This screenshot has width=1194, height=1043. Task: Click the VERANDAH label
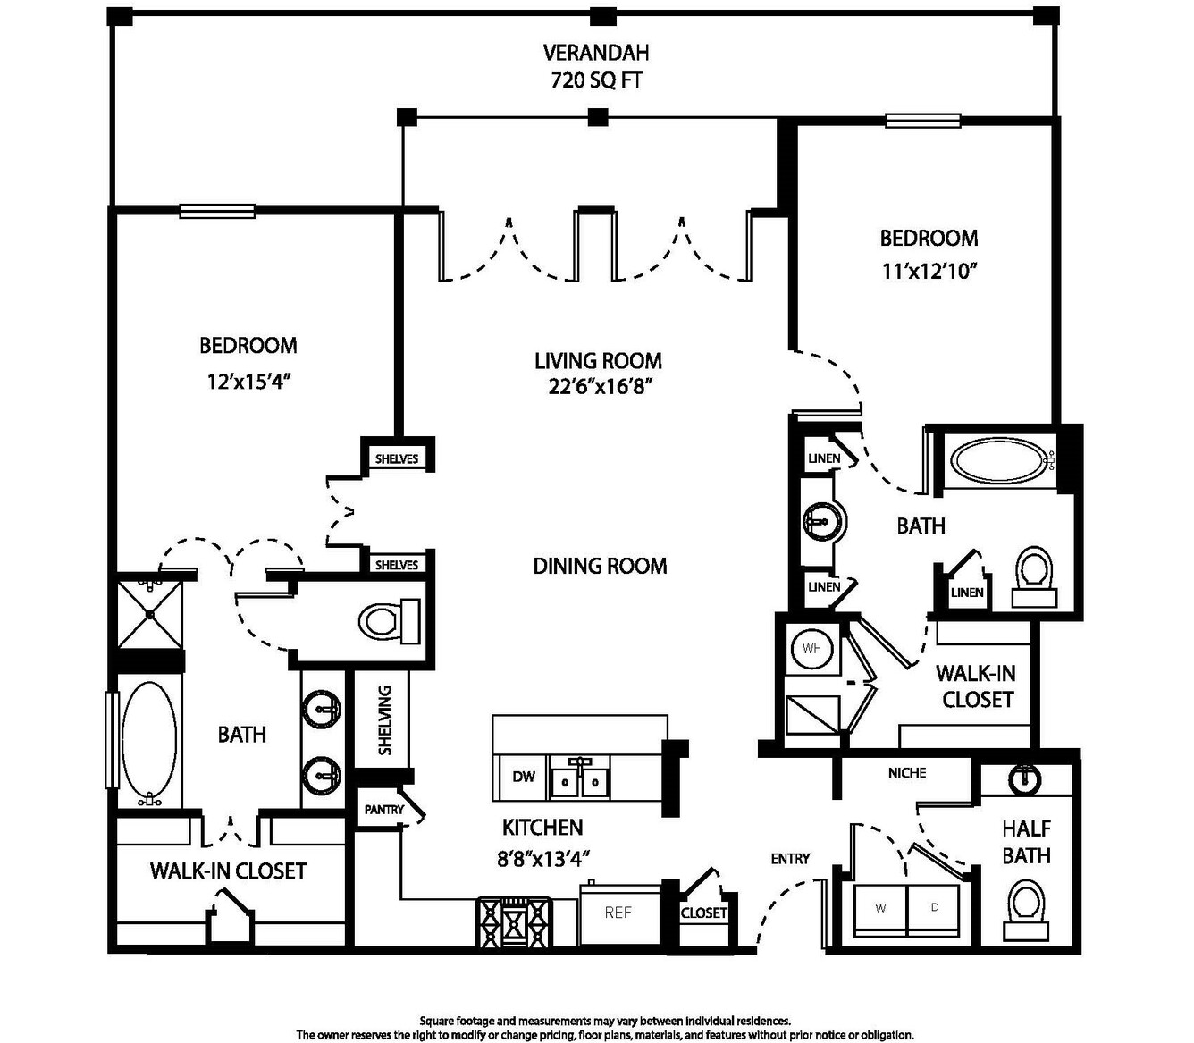[596, 54]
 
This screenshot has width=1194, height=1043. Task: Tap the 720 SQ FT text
[596, 80]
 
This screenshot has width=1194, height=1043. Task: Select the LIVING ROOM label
[598, 361]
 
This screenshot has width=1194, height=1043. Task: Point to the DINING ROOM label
[600, 566]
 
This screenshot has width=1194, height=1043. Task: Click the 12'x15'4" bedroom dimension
[248, 382]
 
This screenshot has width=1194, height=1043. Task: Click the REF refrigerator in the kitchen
[618, 913]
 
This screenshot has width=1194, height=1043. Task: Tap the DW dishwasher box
[524, 777]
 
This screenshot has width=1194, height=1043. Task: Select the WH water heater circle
[811, 649]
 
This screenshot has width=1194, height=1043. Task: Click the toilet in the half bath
[1026, 904]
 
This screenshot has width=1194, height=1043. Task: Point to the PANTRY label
[384, 810]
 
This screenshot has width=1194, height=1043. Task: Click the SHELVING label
[385, 720]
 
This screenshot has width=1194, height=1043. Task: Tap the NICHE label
[907, 773]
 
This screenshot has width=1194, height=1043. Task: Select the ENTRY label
[790, 859]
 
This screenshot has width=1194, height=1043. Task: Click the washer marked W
[881, 909]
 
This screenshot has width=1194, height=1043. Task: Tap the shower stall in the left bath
[150, 615]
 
